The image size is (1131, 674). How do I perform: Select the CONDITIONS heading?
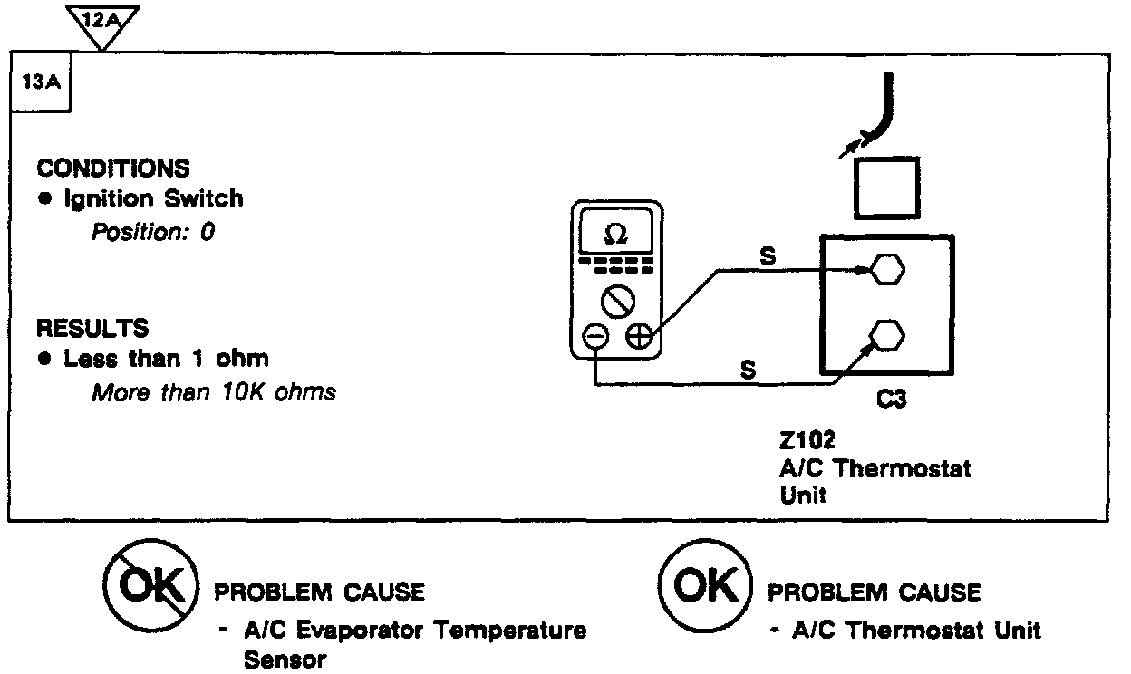(113, 168)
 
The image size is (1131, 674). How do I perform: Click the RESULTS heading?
(92, 327)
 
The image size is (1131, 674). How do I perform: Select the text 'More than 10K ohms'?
(214, 393)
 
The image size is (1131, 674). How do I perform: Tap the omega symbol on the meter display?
(614, 234)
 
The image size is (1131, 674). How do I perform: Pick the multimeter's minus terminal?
(594, 337)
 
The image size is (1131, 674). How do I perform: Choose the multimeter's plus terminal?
(638, 337)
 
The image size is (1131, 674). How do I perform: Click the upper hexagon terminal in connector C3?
(886, 269)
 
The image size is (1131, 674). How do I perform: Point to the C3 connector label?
(892, 400)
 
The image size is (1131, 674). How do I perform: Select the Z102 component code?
(806, 441)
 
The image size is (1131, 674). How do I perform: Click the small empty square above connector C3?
(887, 187)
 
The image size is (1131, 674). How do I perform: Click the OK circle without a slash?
(706, 590)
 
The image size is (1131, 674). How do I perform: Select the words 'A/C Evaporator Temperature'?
(415, 630)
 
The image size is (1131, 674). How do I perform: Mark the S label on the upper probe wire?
(767, 257)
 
